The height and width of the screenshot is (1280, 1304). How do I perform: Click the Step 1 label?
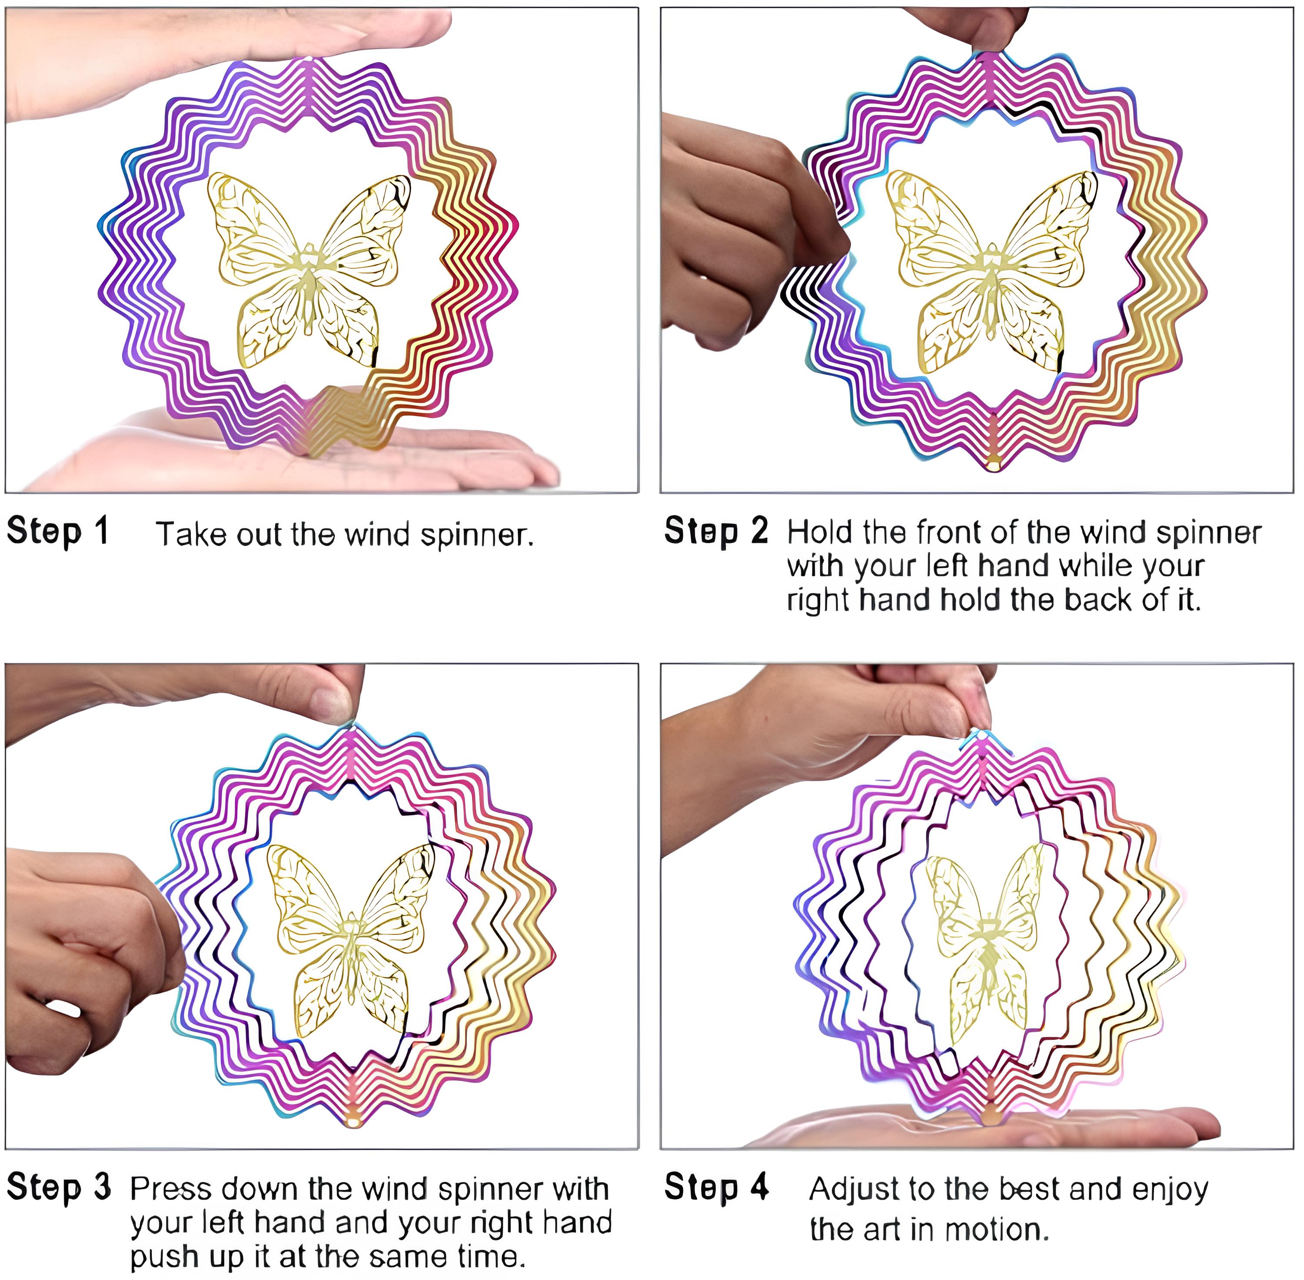tap(58, 532)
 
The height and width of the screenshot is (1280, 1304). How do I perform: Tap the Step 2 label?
tap(716, 531)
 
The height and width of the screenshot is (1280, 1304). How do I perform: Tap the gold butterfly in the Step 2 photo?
tap(991, 272)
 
